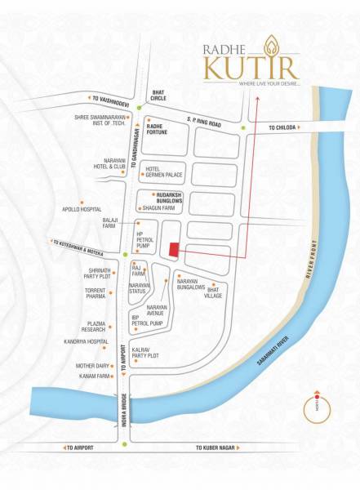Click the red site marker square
tap(173, 250)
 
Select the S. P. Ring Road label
tap(204, 122)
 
